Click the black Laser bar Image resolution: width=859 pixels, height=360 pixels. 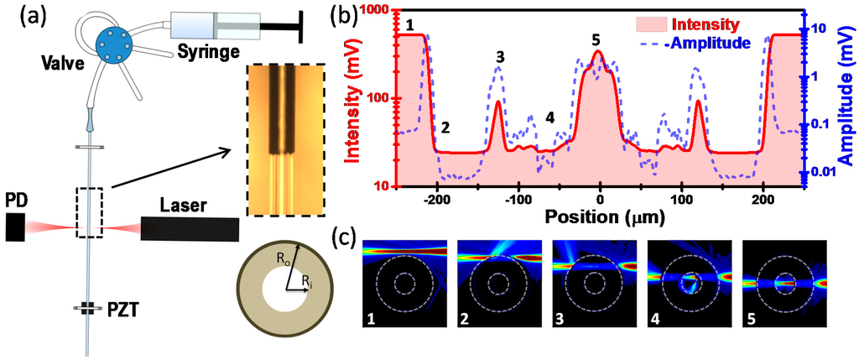(190, 227)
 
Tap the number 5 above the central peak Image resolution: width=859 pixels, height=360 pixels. (596, 39)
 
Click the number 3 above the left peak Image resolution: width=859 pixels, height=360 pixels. (500, 57)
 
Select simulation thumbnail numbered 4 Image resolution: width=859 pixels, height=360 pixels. (690, 281)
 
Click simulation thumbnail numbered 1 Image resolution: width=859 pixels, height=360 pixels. (403, 281)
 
